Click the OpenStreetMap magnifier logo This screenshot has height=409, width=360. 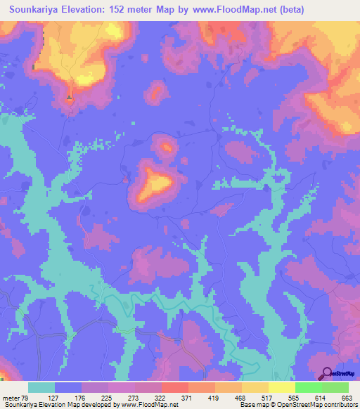327,374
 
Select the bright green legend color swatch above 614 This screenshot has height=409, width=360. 309,387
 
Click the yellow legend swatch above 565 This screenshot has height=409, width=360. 282,387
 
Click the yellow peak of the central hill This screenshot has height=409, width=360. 156,185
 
